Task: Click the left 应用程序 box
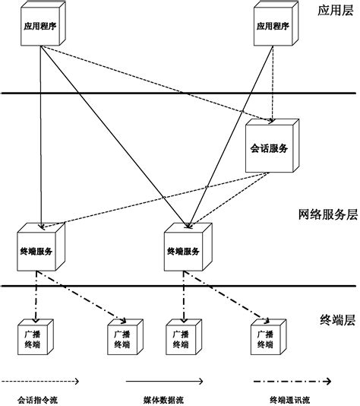point(39,26)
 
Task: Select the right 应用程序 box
point(271,26)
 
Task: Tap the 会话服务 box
point(267,148)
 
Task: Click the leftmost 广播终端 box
point(32,338)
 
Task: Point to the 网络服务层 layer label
point(327,215)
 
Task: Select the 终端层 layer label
point(335,320)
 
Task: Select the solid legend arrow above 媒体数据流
point(163,379)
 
